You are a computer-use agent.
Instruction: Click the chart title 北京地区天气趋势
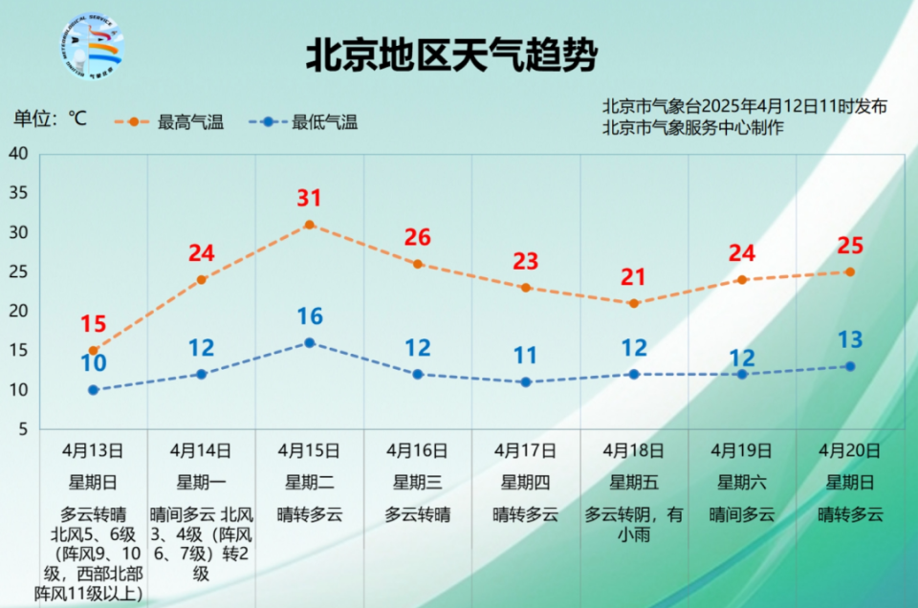coord(450,55)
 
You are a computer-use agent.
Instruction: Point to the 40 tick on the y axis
coord(19,154)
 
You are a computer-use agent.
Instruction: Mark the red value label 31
coord(309,199)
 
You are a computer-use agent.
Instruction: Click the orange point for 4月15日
coord(309,225)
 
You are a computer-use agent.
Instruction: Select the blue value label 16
coord(309,316)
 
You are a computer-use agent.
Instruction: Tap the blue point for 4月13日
coord(93,390)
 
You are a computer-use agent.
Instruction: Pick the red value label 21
coord(634,277)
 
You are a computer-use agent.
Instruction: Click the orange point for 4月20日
coord(849,271)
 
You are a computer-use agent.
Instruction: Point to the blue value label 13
coord(849,339)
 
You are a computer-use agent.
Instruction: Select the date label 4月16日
coord(417,449)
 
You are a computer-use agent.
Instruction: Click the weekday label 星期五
coord(634,482)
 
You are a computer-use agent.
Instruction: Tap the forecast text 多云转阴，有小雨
coord(634,524)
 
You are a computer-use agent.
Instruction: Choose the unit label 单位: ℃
coord(50,119)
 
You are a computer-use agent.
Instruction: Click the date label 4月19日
coord(742,449)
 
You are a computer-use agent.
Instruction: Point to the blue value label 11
coord(525,356)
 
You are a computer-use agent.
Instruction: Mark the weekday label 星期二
coord(309,482)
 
